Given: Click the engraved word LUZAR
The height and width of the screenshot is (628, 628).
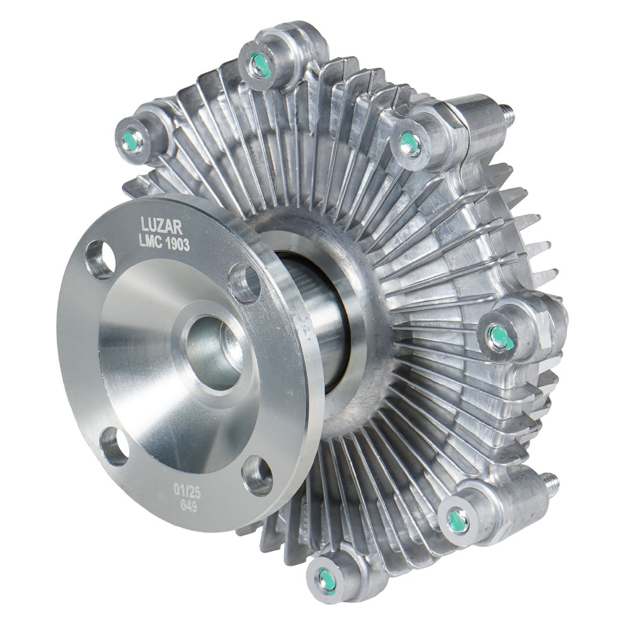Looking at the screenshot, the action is [x=162, y=226].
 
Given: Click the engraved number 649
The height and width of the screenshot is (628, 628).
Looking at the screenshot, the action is [x=188, y=506].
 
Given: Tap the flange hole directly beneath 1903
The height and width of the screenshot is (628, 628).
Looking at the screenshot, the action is [x=245, y=283].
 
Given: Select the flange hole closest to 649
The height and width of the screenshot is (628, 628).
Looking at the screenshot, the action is [x=257, y=475].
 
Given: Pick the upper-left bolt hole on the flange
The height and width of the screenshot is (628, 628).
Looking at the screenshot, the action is [x=100, y=260].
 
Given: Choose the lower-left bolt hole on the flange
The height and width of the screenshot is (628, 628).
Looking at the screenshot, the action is [x=113, y=447].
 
